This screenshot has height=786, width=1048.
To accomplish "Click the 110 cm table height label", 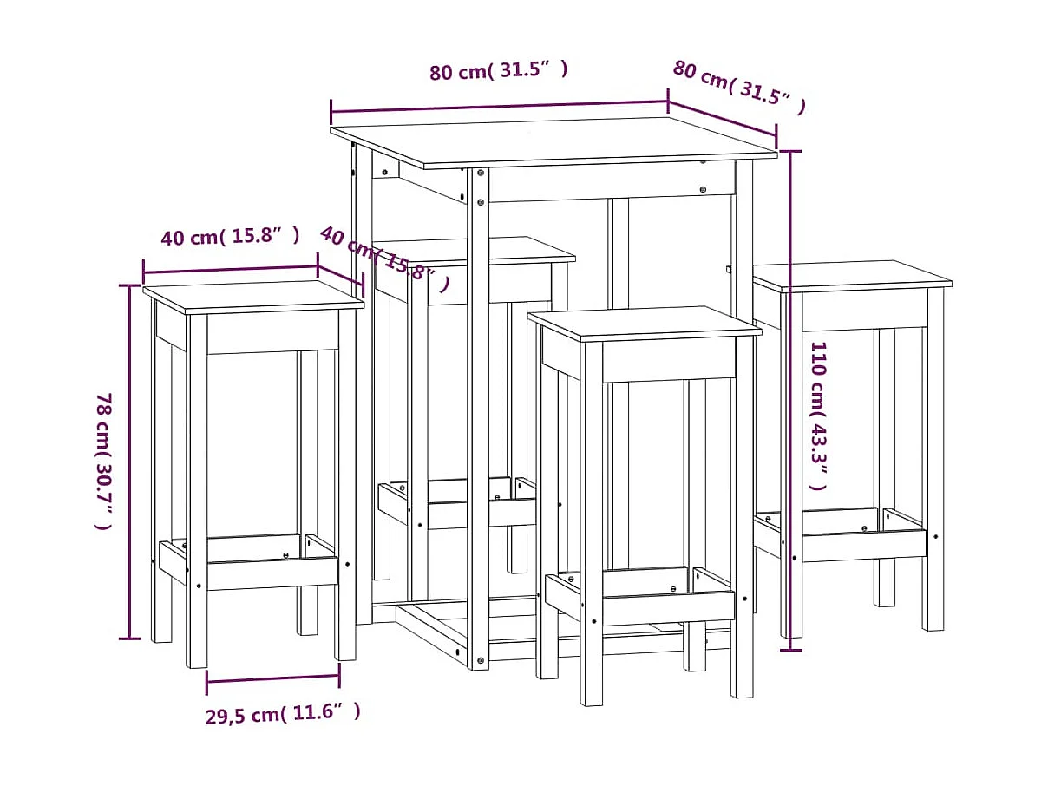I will coord(818,416).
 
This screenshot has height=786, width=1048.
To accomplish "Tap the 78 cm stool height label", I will coord(102,461).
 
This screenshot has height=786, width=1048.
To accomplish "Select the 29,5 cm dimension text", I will coord(283,713).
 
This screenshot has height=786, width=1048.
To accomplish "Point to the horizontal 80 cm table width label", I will coord(498,70).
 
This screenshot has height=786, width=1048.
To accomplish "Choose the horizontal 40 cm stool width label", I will coord(231,235).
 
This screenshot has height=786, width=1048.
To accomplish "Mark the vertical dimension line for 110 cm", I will coord(789,399).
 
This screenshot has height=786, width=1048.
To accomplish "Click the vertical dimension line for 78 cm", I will coord(130,461).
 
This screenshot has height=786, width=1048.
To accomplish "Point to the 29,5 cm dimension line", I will coord(272,678).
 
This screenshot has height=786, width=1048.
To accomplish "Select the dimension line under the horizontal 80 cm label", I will coord(498,106).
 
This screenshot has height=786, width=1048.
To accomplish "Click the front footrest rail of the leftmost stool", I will coord(272,572).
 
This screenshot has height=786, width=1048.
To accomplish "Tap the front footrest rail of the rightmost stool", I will coord(863,545).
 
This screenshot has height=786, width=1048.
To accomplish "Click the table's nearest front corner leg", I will coord(478,416).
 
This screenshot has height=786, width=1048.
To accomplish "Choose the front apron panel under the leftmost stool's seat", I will coord(272,332).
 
